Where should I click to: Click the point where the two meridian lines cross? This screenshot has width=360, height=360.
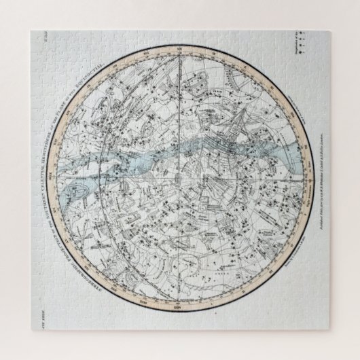coord(180,179)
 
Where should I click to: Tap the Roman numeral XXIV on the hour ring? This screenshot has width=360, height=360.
coord(180,319)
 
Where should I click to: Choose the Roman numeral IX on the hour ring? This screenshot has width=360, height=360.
coord(278,82)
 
